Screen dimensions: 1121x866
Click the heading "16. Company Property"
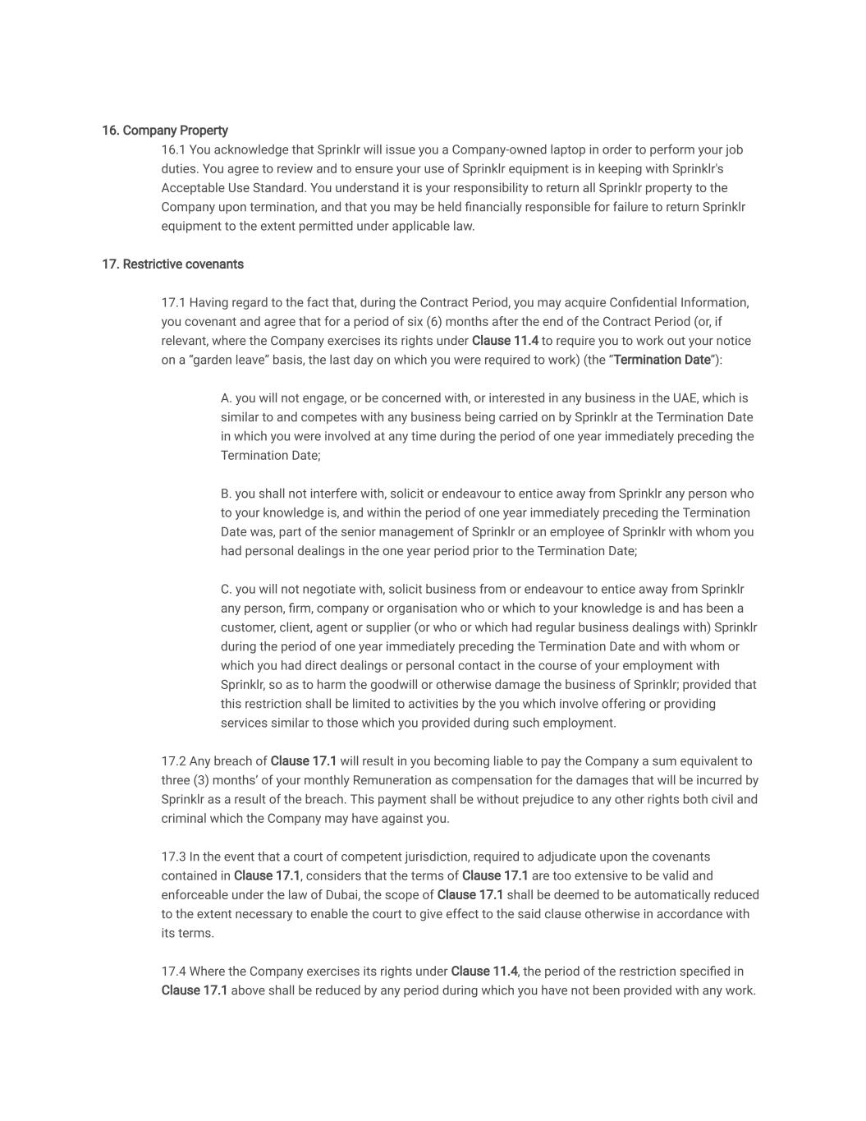coord(165,131)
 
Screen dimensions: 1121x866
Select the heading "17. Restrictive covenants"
coord(172,264)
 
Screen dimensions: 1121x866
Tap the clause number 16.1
coord(173,150)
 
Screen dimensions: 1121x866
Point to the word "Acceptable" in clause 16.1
coord(193,188)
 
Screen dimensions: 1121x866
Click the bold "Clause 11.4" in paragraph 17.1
coord(505,341)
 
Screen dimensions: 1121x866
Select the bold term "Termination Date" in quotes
coord(662,360)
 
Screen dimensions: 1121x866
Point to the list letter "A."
coord(227,398)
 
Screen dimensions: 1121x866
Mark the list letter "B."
coord(227,494)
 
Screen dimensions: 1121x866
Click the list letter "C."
coord(227,589)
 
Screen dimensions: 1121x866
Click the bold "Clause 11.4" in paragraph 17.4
coord(484,972)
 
